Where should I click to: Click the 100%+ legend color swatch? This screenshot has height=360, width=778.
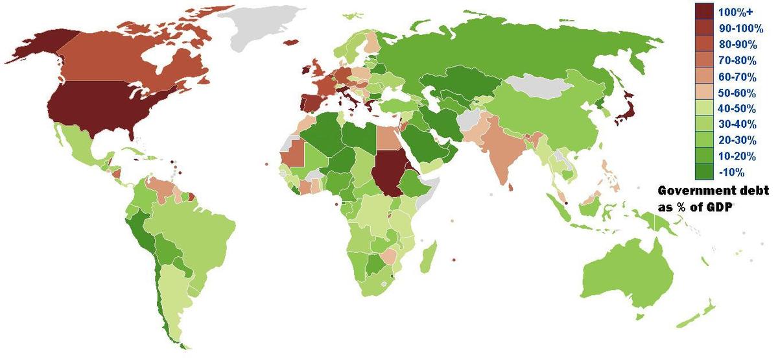click(704, 12)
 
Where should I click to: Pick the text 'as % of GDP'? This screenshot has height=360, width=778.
click(693, 206)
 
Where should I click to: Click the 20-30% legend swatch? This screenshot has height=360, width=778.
click(704, 140)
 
